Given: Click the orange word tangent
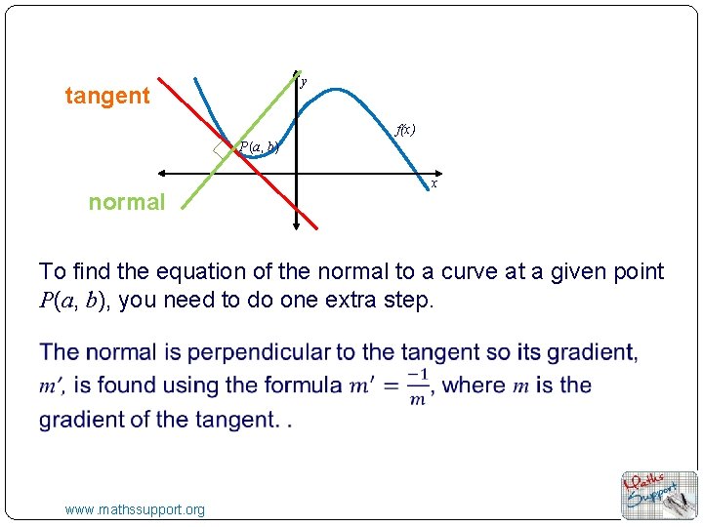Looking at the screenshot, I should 107,96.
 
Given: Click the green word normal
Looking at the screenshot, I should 127,202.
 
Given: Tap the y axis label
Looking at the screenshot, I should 304,83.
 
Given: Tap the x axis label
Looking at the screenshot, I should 434,183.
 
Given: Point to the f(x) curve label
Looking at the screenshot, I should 405,129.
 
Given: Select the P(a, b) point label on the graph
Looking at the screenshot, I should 259,147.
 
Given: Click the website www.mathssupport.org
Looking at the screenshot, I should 135,509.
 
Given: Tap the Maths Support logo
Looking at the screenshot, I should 660,495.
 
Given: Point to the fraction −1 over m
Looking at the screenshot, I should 418,385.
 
